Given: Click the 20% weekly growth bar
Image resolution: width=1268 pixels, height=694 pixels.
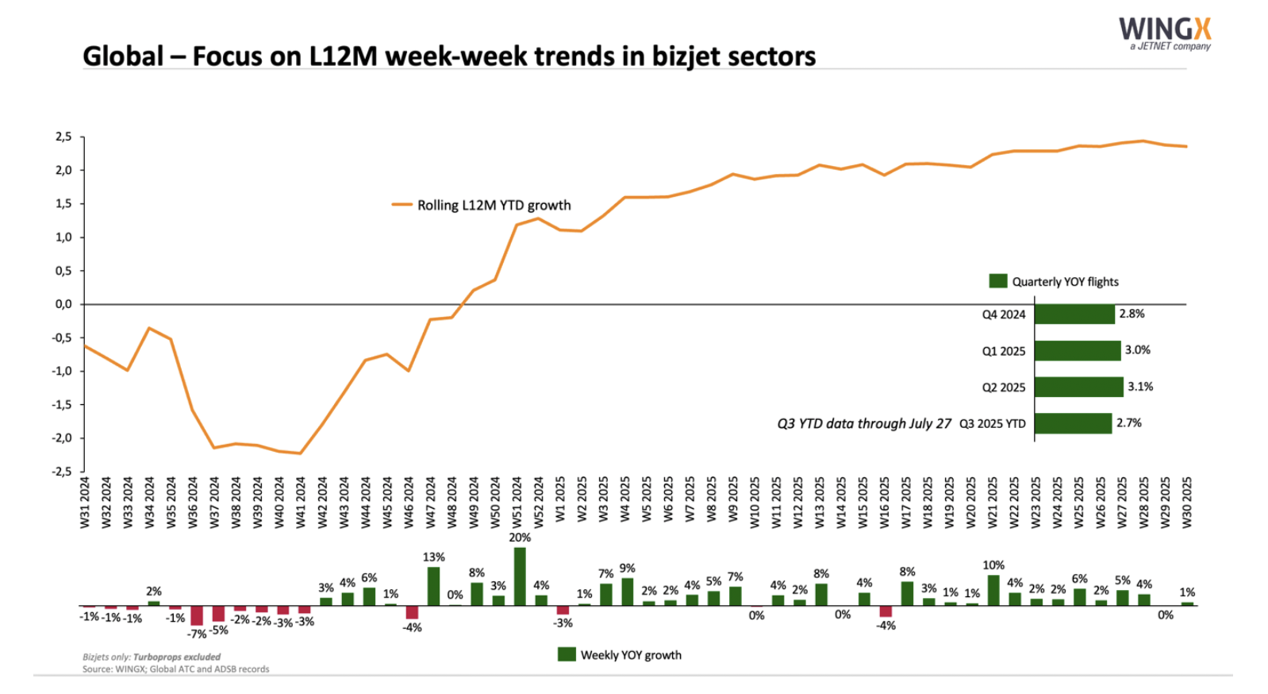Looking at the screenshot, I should (x=520, y=576).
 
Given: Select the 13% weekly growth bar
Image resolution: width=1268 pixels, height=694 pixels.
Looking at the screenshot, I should (x=433, y=586).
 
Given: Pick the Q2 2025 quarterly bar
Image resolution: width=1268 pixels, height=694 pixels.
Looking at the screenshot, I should (x=1078, y=387).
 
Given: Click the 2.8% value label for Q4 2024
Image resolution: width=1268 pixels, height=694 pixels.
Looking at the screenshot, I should (x=1132, y=314).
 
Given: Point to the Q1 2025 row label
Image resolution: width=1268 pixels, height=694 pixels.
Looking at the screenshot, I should (x=1003, y=351).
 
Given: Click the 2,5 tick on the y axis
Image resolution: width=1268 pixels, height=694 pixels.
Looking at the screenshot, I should (x=63, y=137).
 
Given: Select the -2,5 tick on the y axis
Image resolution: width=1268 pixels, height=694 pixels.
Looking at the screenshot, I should (x=62, y=472).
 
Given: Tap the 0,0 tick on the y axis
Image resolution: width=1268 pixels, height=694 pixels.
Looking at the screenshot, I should (x=63, y=304).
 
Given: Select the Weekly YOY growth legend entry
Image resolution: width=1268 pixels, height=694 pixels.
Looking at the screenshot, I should (x=620, y=655).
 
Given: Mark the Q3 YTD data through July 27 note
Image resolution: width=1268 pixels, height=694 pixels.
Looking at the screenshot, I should (x=863, y=423).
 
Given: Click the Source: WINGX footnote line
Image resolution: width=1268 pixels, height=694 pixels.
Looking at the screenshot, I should (x=175, y=669).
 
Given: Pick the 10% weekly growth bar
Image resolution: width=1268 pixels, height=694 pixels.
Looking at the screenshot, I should (x=993, y=590).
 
